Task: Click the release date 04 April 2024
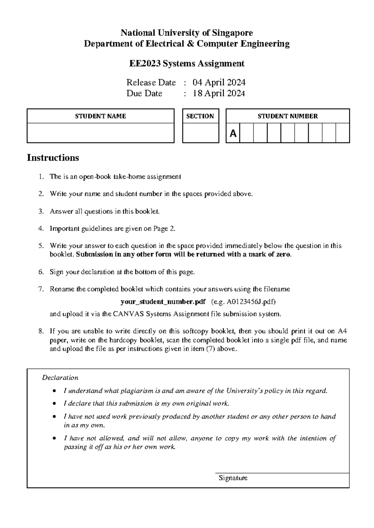coord(219,82)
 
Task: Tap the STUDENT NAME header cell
coord(100,116)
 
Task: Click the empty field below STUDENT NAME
coord(100,133)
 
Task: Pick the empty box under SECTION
coord(200,133)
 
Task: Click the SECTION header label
coord(200,116)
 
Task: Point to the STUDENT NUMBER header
coord(287,116)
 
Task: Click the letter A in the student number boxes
coord(233,134)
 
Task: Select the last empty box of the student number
coord(343,133)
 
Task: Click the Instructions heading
coord(53,158)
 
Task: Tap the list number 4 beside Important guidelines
coord(41,229)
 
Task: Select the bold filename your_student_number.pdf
coord(163,302)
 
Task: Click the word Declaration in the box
coord(60,378)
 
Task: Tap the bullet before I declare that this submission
coord(55,403)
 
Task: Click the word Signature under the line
coord(233,478)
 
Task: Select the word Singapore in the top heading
coord(233,33)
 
